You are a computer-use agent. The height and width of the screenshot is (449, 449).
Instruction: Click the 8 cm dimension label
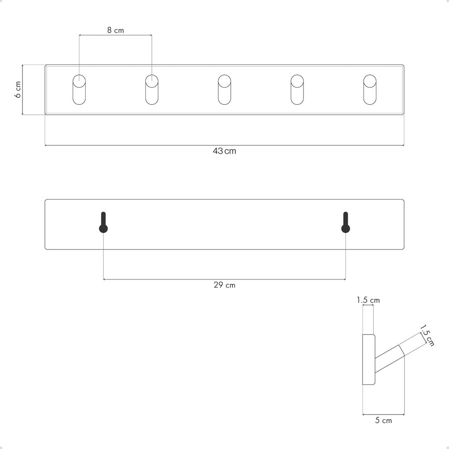115,30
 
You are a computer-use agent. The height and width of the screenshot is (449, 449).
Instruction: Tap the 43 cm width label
224,151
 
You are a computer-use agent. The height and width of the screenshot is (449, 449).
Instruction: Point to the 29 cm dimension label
224,285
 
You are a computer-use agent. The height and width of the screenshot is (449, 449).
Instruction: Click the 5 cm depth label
383,421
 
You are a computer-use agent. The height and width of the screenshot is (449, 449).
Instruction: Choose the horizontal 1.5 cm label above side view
368,300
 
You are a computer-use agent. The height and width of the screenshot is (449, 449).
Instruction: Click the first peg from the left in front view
79,89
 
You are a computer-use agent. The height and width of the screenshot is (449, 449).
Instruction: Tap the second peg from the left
152,89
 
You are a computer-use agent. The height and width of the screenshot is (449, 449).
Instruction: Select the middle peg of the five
224,89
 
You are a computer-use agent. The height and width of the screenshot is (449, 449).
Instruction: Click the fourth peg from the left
297,89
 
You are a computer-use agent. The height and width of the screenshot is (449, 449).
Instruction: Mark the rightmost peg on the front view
370,89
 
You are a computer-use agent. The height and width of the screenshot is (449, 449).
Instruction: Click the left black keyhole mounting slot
103,223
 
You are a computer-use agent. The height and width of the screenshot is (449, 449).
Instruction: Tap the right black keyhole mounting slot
345,223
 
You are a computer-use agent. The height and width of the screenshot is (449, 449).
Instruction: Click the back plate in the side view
369,360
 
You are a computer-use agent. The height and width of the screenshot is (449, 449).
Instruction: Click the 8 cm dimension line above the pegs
115,35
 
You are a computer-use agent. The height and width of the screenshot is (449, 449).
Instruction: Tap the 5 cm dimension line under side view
383,414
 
